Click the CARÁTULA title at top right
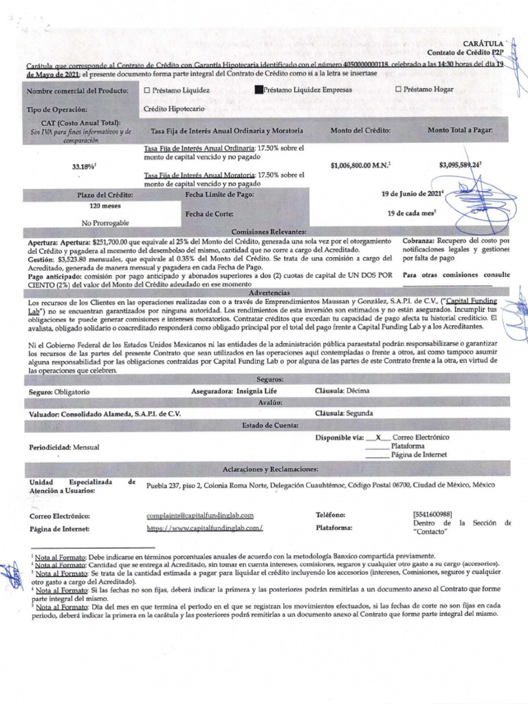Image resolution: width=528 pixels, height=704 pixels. [x=487, y=43]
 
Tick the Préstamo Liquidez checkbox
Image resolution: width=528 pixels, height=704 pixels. [x=146, y=90]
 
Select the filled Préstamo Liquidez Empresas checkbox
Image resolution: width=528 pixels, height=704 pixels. [x=258, y=90]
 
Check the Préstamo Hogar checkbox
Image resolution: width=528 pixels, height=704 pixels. [x=398, y=89]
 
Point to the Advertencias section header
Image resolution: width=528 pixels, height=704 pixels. [x=269, y=292]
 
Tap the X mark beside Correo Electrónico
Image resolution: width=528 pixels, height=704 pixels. [x=378, y=437]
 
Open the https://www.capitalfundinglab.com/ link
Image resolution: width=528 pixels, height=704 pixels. [x=205, y=528]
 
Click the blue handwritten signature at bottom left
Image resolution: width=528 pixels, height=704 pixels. [x=12, y=574]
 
